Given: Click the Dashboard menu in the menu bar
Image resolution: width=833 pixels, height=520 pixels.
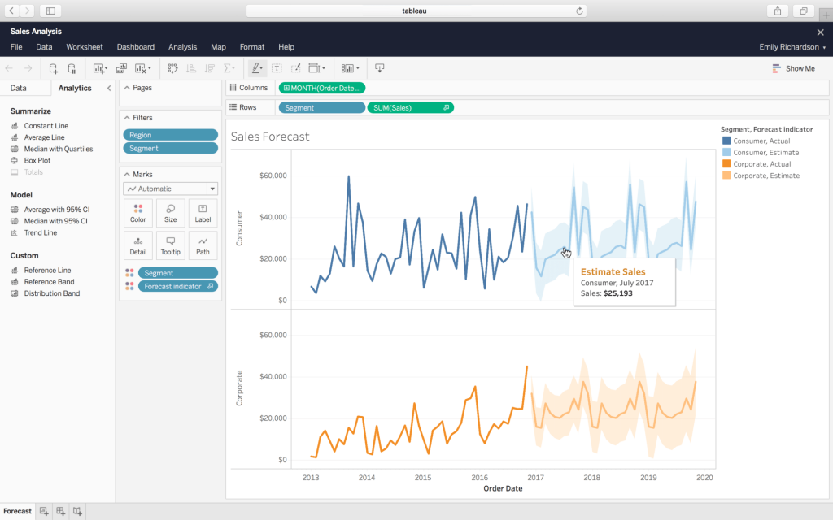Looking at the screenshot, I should pyautogui.click(x=135, y=47).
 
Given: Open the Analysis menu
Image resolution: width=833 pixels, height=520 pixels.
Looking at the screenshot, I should pyautogui.click(x=182, y=47).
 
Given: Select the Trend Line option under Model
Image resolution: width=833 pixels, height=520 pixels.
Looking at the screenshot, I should pyautogui.click(x=40, y=232).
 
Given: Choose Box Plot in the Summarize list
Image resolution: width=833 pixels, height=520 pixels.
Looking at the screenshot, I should pyautogui.click(x=37, y=160).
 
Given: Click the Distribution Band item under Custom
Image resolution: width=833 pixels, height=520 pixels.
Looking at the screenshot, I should pyautogui.click(x=51, y=293).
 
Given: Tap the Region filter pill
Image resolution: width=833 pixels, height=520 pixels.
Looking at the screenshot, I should pyautogui.click(x=170, y=135).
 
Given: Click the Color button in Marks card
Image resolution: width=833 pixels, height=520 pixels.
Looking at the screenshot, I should pyautogui.click(x=138, y=213).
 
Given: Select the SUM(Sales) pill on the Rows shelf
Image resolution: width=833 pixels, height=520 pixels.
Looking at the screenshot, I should pyautogui.click(x=410, y=107).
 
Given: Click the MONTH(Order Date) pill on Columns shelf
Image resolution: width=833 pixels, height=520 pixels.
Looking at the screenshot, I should pyautogui.click(x=322, y=88).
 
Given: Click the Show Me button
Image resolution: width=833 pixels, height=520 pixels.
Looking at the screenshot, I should pyautogui.click(x=793, y=68).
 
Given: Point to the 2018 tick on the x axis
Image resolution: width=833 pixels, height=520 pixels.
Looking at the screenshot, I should pyautogui.click(x=591, y=478).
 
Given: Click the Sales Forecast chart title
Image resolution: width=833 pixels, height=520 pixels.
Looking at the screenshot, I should pyautogui.click(x=270, y=136).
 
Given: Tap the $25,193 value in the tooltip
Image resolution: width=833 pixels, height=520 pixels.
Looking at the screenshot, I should pyautogui.click(x=617, y=293).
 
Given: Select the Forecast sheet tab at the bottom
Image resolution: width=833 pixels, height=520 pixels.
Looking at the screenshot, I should pyautogui.click(x=17, y=511).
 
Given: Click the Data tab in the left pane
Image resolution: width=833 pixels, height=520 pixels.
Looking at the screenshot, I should pyautogui.click(x=18, y=88).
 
